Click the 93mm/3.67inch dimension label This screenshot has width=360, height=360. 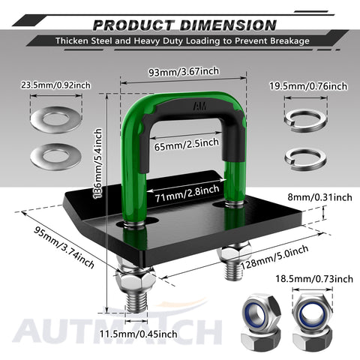(184, 72)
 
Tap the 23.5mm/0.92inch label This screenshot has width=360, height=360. (55, 85)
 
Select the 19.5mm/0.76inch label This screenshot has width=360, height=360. (308, 86)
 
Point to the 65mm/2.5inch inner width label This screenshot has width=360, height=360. (186, 145)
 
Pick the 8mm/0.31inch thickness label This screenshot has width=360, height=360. (319, 197)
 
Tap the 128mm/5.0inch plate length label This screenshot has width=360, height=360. (274, 256)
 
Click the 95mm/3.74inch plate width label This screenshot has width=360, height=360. (64, 247)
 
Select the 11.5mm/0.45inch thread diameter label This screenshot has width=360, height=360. (139, 334)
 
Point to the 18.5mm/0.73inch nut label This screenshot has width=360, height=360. (314, 278)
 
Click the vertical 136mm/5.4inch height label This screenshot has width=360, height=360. (98, 163)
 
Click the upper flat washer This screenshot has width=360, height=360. (56, 119)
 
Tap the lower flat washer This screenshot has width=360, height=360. (55, 157)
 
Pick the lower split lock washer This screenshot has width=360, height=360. (305, 160)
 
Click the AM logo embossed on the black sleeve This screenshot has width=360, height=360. (199, 106)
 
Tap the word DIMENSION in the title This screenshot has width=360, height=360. (228, 25)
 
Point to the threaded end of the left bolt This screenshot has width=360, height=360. (136, 302)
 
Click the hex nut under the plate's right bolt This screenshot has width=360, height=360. (231, 254)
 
